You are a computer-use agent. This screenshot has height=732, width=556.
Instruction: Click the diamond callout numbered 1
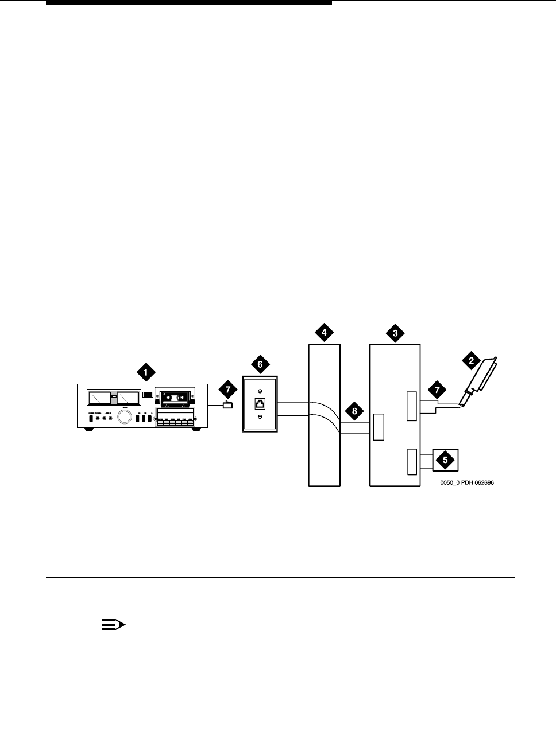[x=145, y=372]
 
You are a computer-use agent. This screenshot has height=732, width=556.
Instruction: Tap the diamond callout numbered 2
[x=471, y=361]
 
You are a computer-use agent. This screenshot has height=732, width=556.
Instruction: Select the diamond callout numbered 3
[x=395, y=333]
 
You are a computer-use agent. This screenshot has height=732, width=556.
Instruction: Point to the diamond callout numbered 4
[x=324, y=333]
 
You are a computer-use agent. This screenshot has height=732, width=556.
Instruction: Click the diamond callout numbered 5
[x=443, y=460]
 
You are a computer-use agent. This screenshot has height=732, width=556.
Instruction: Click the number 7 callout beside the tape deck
[x=228, y=390]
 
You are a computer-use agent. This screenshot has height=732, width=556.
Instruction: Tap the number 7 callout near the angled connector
[x=438, y=390]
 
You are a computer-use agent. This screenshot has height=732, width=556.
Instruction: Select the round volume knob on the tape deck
[x=124, y=417]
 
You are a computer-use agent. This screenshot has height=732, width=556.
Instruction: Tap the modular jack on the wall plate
[x=260, y=403]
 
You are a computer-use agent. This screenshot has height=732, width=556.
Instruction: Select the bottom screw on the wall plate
[x=260, y=418]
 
